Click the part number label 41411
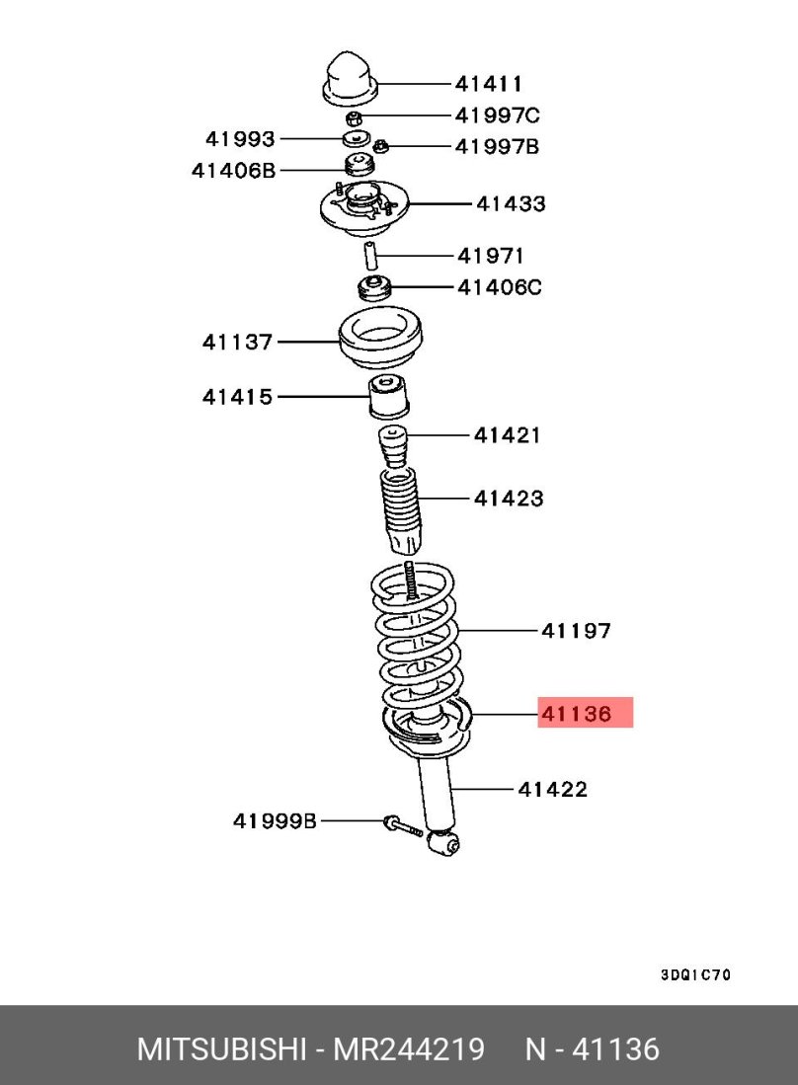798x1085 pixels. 489,84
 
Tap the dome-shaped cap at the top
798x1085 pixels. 351,78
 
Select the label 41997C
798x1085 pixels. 497,115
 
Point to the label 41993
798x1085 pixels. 240,139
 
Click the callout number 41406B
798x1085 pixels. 233,170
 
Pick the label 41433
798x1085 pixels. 511,203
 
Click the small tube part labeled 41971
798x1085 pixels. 371,256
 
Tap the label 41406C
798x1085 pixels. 500,287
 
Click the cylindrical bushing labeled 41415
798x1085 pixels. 388,396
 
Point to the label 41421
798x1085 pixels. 507,435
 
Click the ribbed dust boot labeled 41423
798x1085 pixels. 401,511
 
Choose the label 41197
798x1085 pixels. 576,631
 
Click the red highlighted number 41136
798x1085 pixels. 577,714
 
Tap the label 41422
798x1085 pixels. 552,789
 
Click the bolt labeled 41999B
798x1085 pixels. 403,825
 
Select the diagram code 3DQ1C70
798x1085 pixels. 695,975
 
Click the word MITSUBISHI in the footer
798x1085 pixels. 221,1049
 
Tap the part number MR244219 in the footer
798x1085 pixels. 409,1049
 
